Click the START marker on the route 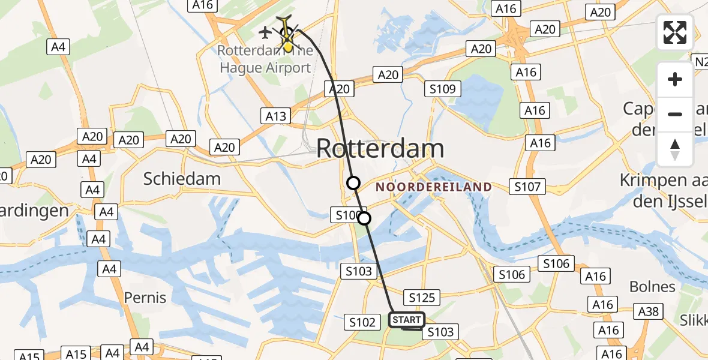(x=407, y=320)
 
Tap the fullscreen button (x=675, y=32)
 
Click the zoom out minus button (x=675, y=114)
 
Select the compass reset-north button (x=675, y=149)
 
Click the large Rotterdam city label (x=380, y=148)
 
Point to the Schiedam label (x=182, y=178)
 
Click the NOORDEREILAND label (x=434, y=187)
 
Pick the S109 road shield (x=443, y=89)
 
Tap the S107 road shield (x=527, y=187)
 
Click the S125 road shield (x=422, y=297)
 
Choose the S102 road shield (x=363, y=322)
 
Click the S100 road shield (x=347, y=214)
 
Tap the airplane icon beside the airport (x=265, y=31)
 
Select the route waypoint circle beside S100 (x=364, y=218)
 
